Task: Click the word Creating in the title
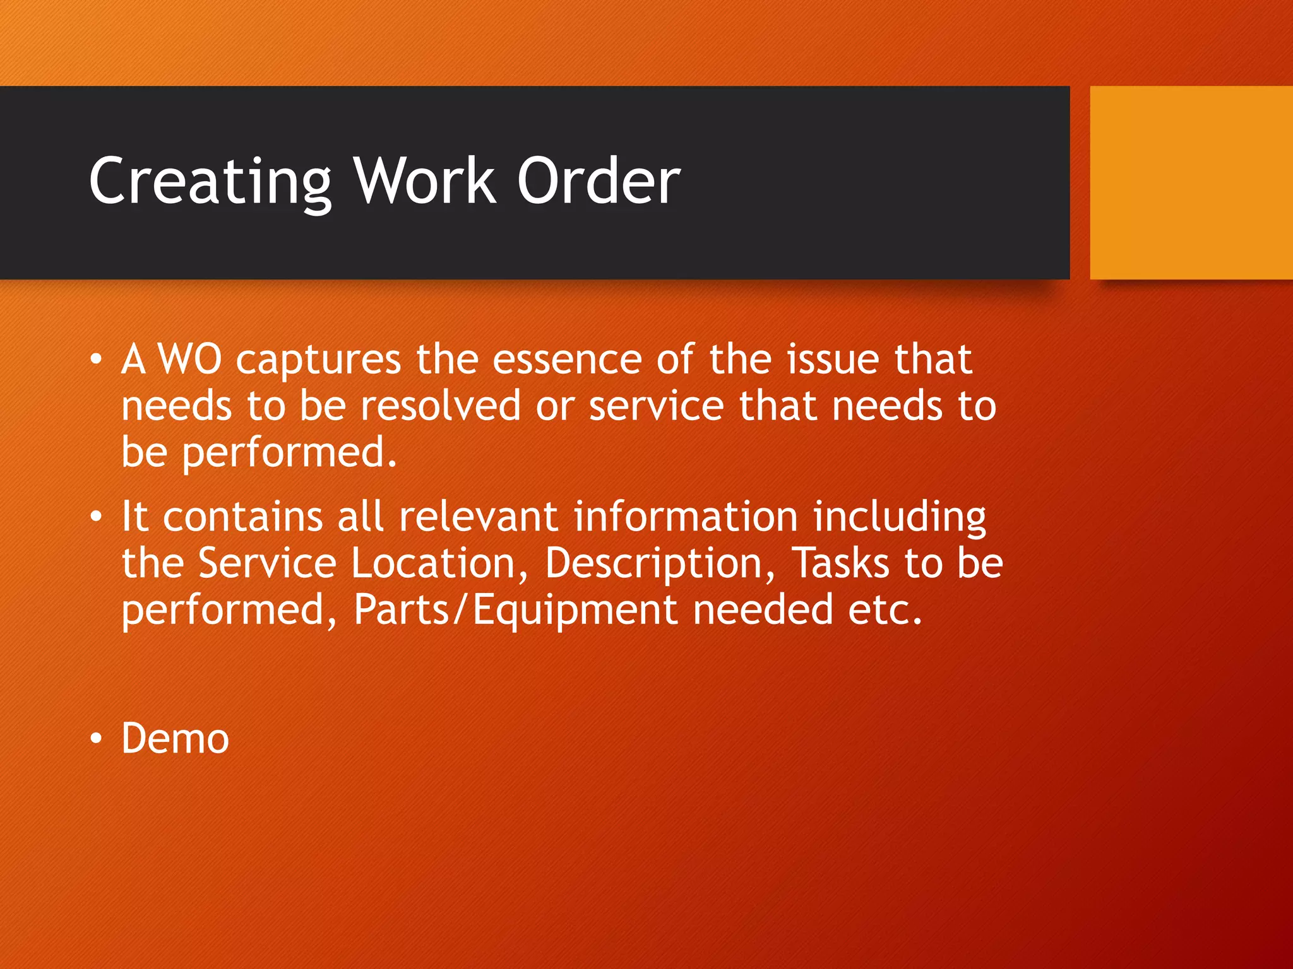click(210, 182)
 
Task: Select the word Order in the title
click(599, 182)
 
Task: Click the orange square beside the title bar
click(1191, 182)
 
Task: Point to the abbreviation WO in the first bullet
click(189, 360)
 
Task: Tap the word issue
click(832, 360)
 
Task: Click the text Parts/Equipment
click(515, 610)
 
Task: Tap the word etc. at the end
click(885, 610)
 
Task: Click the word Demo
click(175, 738)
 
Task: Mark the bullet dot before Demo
click(95, 738)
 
